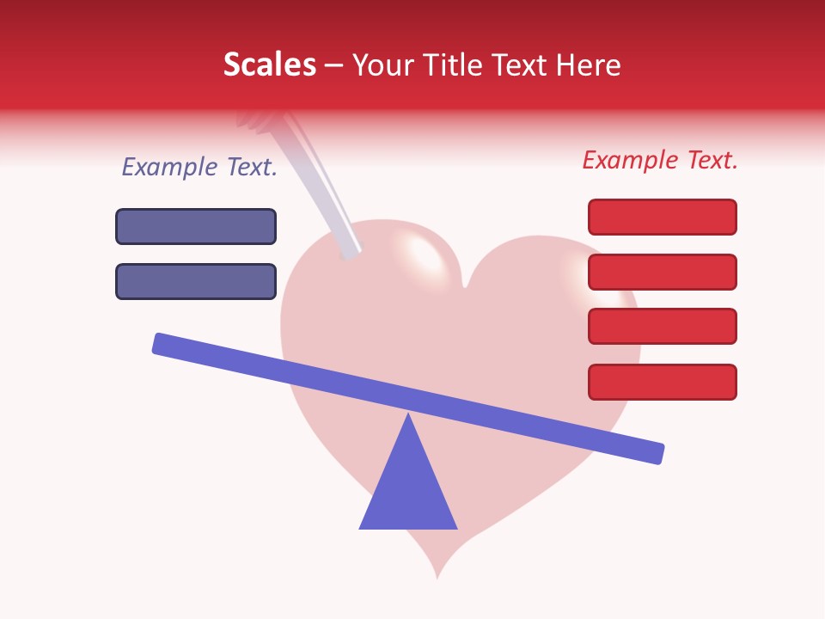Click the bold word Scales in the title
pyautogui.click(x=269, y=64)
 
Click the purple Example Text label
pyautogui.click(x=199, y=167)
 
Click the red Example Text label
pyautogui.click(x=660, y=160)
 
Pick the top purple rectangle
pyautogui.click(x=196, y=226)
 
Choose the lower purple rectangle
pyautogui.click(x=196, y=281)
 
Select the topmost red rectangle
pyautogui.click(x=662, y=217)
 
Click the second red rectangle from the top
pyautogui.click(x=662, y=272)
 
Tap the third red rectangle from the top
pyautogui.click(x=662, y=327)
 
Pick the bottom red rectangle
pyautogui.click(x=662, y=382)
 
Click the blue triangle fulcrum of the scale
pyautogui.click(x=408, y=490)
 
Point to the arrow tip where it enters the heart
pyautogui.click(x=351, y=252)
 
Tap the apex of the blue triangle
pyautogui.click(x=408, y=416)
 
